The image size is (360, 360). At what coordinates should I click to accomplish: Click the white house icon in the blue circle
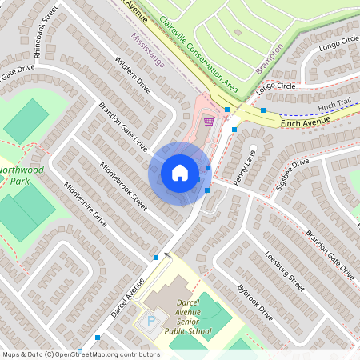[x=180, y=173]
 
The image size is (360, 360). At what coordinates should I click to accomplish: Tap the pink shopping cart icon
[x=209, y=122]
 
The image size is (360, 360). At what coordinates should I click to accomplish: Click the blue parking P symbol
[x=151, y=322]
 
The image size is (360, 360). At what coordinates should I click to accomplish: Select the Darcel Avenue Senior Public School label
[x=188, y=316]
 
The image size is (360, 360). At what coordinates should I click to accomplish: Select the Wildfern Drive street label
[x=132, y=76]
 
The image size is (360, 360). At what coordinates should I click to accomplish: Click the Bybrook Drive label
[x=255, y=302]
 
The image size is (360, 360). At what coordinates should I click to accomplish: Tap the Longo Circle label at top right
[x=340, y=43]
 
